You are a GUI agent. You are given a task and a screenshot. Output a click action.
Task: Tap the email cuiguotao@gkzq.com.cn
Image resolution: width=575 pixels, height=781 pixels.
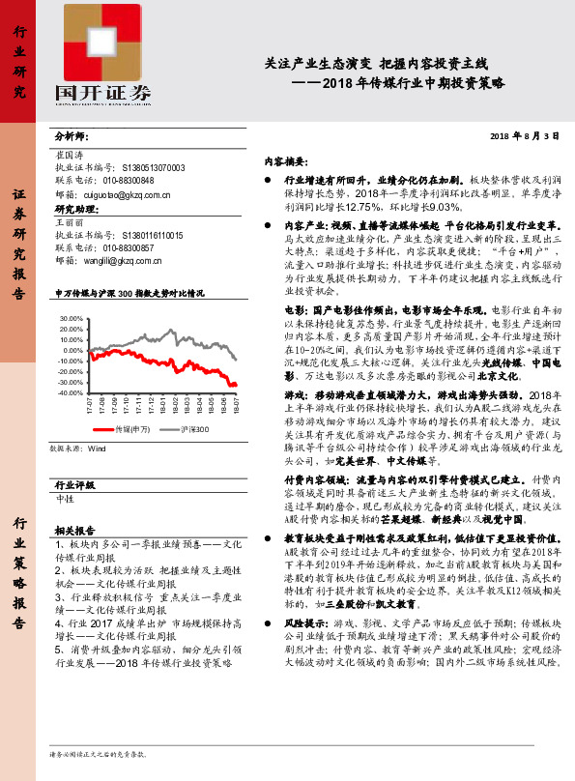pyautogui.click(x=121, y=194)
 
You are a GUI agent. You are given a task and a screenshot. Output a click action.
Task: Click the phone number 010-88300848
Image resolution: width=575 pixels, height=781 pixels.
pyautogui.click(x=125, y=181)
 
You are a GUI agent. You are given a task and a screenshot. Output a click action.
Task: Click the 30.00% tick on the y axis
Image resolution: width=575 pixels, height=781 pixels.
pyautogui.click(x=71, y=317)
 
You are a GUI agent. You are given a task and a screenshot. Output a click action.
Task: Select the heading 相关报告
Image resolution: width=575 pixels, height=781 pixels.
pyautogui.click(x=74, y=531)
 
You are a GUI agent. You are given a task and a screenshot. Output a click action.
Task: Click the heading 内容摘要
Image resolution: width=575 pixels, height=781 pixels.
pyautogui.click(x=286, y=160)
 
